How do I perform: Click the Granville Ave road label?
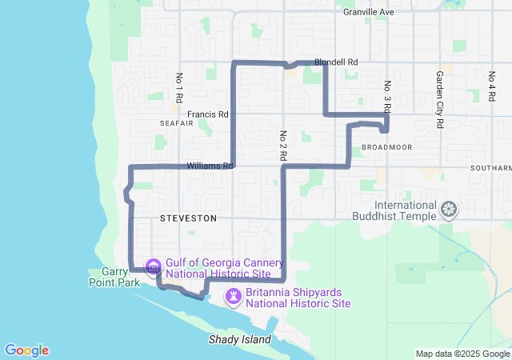tap(368, 12)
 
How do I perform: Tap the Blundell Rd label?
tap(336, 62)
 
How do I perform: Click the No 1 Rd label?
tap(179, 88)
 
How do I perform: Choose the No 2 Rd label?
tap(283, 142)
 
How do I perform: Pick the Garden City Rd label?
tap(439, 90)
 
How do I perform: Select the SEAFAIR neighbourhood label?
tap(176, 124)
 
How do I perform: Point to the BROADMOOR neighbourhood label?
tap(386, 147)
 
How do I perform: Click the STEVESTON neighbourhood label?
tap(188, 218)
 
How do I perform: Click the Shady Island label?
tap(239, 339)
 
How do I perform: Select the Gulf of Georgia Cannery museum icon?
tap(152, 266)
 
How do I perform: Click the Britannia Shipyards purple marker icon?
tap(233, 297)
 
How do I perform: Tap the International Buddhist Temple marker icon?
tap(450, 210)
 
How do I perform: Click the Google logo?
tap(26, 350)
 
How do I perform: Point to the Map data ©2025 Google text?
tap(462, 354)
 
